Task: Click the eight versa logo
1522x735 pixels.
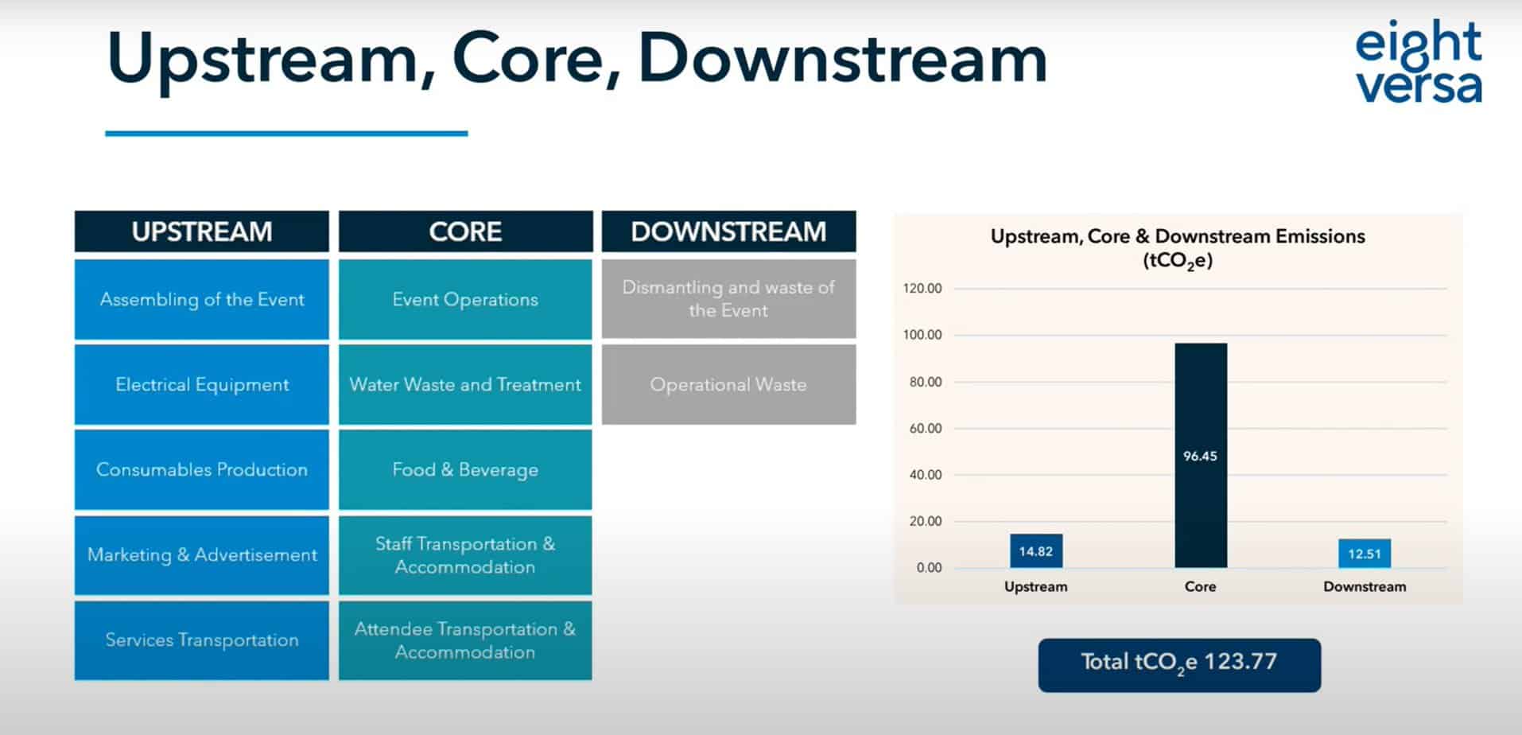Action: click(1419, 62)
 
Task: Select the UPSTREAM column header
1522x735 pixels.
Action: click(202, 231)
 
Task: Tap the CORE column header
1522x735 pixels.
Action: click(465, 231)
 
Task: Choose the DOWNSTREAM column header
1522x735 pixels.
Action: click(728, 231)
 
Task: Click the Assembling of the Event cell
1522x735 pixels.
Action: click(202, 299)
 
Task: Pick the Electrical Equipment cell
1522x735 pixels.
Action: click(202, 384)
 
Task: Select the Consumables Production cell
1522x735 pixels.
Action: click(202, 469)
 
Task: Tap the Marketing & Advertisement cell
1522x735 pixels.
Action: click(202, 554)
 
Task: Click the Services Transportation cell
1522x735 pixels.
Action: click(202, 640)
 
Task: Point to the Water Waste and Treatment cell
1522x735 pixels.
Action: click(465, 384)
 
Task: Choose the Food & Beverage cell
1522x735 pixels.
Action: click(465, 469)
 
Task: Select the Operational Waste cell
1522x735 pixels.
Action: click(728, 384)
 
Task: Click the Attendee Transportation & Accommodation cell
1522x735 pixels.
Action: click(465, 640)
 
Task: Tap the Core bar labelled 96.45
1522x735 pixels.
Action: click(1201, 455)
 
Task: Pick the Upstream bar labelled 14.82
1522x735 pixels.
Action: click(1036, 550)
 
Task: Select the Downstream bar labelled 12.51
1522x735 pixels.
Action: click(1365, 554)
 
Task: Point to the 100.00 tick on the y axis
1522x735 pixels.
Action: click(922, 335)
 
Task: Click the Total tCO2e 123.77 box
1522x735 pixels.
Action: click(1179, 664)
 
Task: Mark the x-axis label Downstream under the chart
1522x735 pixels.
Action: click(1365, 586)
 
